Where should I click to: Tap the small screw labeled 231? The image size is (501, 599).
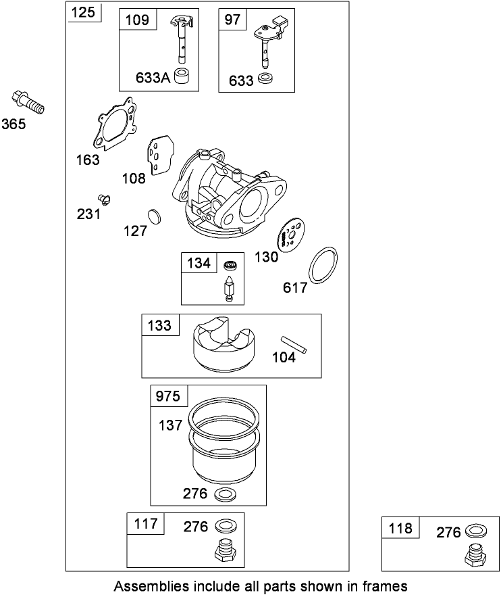coord(104,197)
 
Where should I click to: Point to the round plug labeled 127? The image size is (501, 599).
coord(155,217)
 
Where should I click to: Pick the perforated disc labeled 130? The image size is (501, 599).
coord(291,234)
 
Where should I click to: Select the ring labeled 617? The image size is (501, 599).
coord(324,264)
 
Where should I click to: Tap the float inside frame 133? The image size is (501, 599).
coord(223,343)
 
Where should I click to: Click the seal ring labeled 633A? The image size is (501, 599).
coord(181,76)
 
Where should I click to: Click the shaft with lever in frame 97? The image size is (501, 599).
coord(267,41)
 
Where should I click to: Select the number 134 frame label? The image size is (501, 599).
coord(199,263)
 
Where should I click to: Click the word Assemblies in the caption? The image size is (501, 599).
coord(149,585)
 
